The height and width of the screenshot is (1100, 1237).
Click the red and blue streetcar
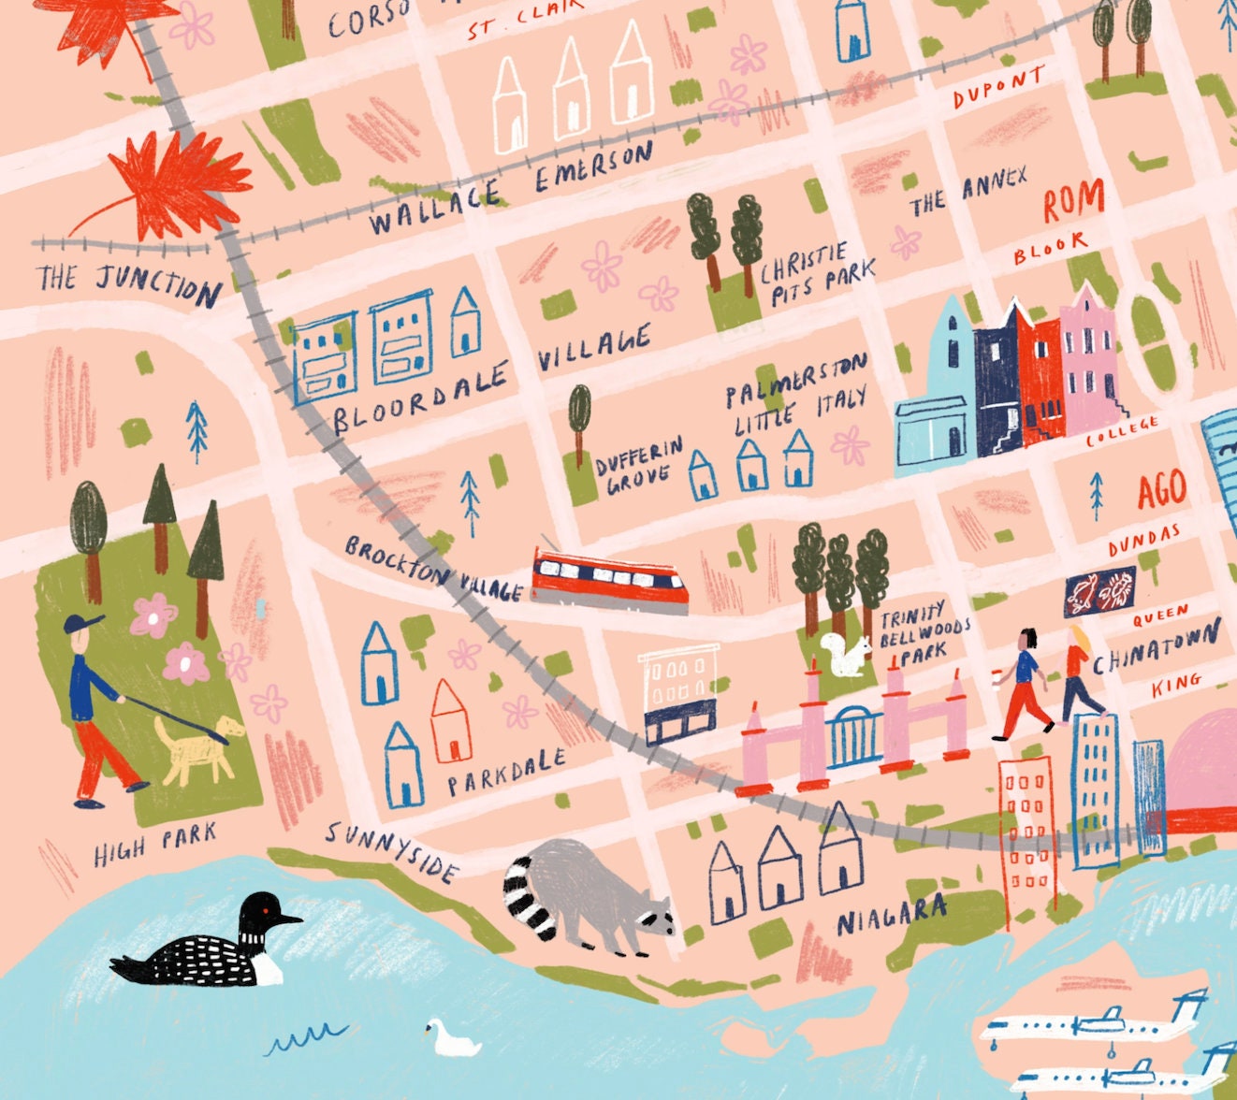pos(610,580)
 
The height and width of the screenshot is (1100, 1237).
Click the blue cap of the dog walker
pos(81,623)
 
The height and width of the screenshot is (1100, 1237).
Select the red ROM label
pos(1073,201)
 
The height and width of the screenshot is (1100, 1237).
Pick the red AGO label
pos(1161,489)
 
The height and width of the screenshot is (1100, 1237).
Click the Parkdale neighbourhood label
pos(505,770)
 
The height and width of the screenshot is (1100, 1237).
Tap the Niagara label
pos(891,914)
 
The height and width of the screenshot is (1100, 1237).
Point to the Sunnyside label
pos(392,852)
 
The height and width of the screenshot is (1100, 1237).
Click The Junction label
pos(129,284)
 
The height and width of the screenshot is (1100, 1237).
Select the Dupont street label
pos(997,87)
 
